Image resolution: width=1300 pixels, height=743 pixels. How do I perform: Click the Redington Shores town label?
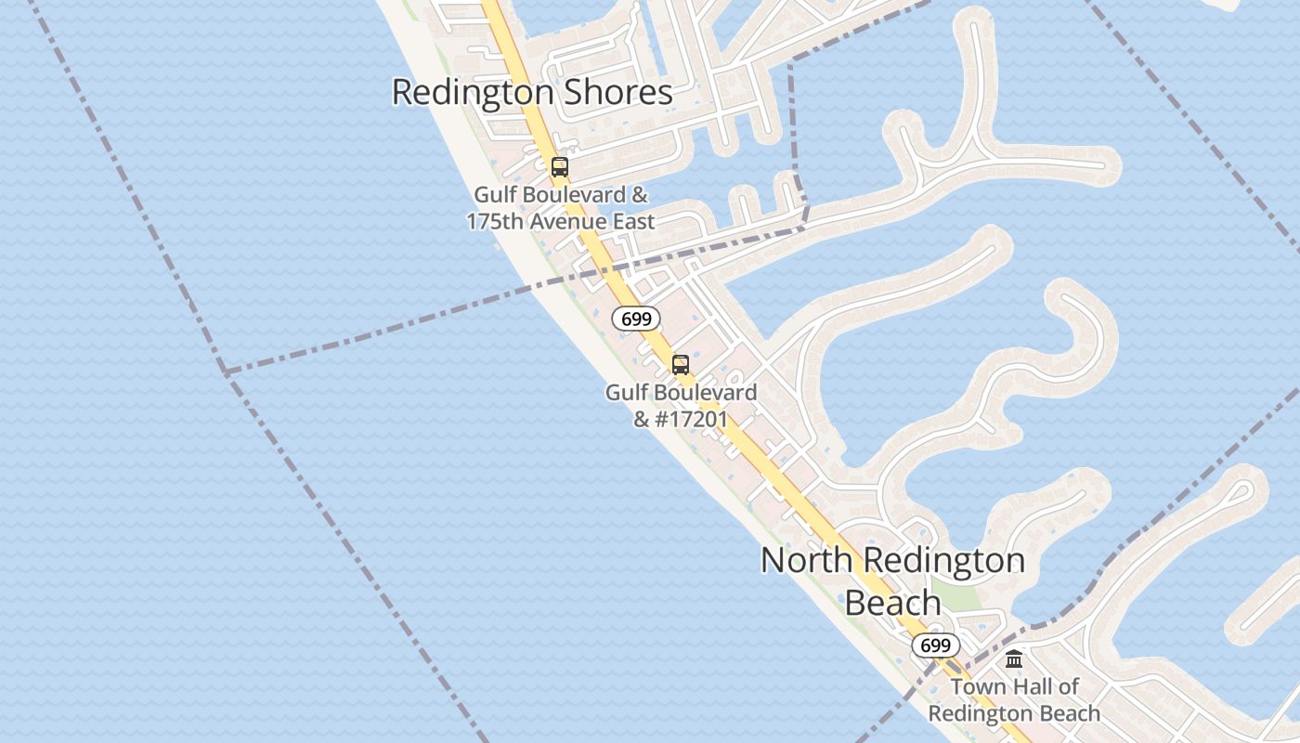pos(532,93)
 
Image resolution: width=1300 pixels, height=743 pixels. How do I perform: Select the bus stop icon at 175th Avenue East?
pos(559,167)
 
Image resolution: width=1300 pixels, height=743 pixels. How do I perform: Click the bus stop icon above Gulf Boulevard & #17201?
pos(681,364)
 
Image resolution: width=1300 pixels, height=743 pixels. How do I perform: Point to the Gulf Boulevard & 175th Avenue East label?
pos(561,208)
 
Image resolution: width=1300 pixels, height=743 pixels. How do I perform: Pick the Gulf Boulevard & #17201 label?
pos(681,406)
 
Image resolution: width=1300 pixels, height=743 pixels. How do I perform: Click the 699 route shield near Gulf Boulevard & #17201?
pos(636,319)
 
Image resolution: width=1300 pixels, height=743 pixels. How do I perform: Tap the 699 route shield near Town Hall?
pos(936,645)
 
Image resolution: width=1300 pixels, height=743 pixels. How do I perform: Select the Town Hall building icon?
pos(1014,659)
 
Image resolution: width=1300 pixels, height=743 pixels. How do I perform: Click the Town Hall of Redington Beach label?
pos(1014,700)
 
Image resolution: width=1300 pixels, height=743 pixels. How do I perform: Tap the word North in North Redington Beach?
pos(806,561)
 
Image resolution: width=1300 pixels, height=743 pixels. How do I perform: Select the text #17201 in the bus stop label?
pos(691,420)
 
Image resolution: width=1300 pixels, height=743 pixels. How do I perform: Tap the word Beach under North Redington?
pos(892,603)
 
